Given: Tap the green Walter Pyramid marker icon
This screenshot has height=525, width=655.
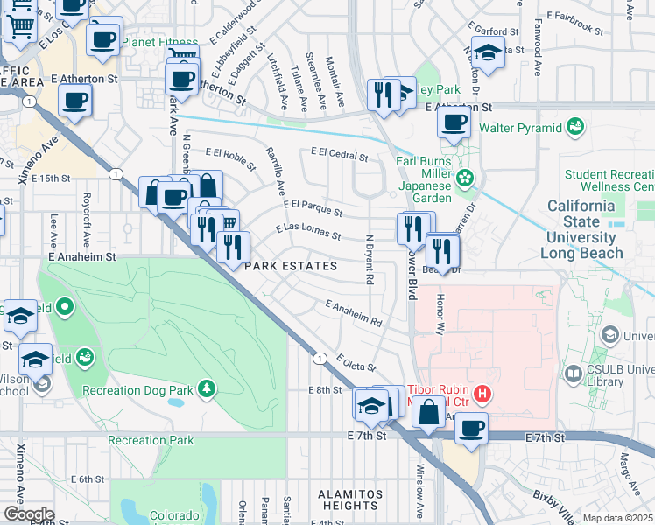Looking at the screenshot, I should pos(575,128).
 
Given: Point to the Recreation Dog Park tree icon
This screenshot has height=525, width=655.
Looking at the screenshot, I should pos(205,388).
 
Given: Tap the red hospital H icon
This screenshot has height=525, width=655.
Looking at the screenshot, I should pos(480,395).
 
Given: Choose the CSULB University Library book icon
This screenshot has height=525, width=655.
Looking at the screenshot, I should pos(573,374).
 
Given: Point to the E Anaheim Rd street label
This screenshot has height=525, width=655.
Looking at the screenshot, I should pos(354,315).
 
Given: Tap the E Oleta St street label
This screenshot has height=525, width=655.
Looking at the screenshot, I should pos(355,362).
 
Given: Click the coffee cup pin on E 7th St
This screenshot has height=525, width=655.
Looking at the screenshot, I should pos(472,428).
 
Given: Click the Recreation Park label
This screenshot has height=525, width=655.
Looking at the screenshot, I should pos(151,440).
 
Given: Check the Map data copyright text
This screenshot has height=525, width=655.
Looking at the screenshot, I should pos(617,518).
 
